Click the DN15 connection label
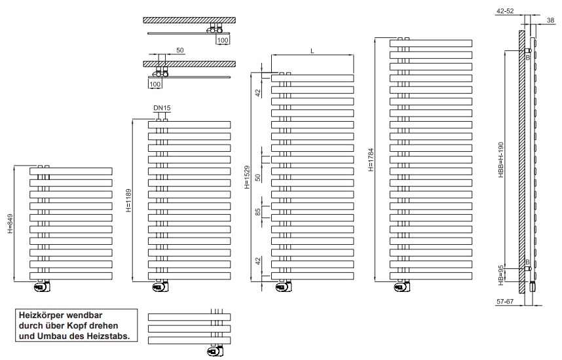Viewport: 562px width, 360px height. pyautogui.click(x=162, y=107)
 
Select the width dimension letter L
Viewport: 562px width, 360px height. pyautogui.click(x=312, y=50)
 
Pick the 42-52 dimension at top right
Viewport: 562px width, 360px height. pyautogui.click(x=506, y=11)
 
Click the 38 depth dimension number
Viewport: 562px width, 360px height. pyautogui.click(x=550, y=20)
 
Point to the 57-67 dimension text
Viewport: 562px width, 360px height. pyautogui.click(x=506, y=302)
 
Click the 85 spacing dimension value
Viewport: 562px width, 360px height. pyautogui.click(x=258, y=211)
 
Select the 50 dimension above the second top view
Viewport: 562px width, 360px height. pyautogui.click(x=180, y=50)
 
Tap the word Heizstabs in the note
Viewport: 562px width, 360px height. pyautogui.click(x=112, y=336)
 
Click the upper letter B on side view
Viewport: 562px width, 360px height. pyautogui.click(x=527, y=58)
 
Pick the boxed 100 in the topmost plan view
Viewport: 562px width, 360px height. pyautogui.click(x=223, y=40)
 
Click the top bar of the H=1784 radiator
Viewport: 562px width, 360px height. pyautogui.click(x=430, y=43)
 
